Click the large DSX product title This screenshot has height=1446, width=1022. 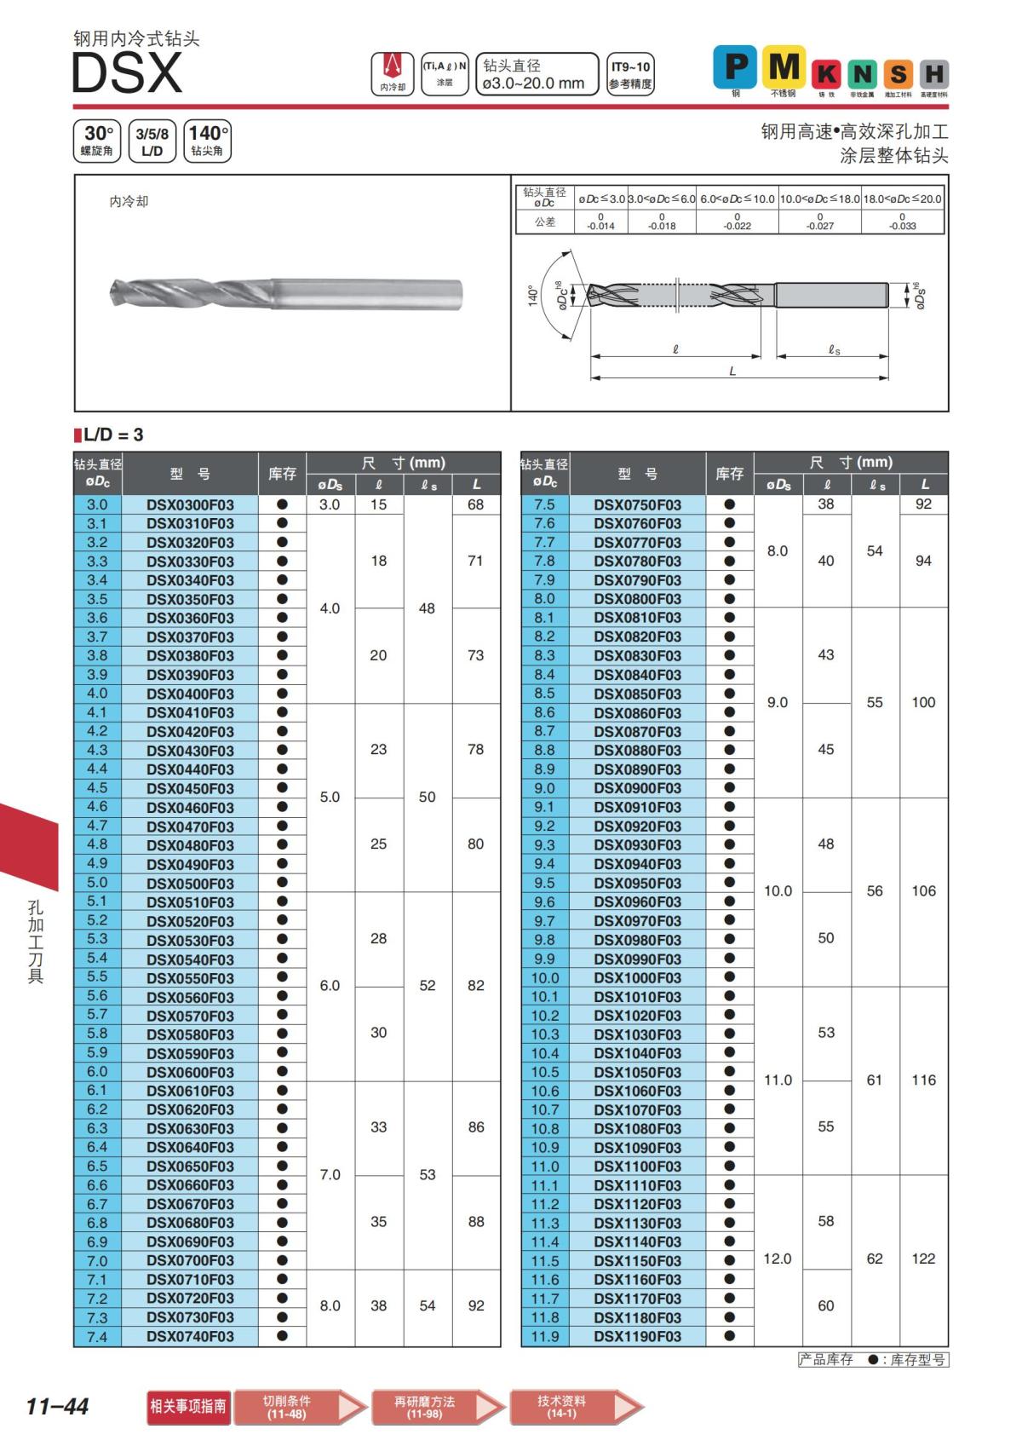click(127, 73)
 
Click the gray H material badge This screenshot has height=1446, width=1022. click(933, 74)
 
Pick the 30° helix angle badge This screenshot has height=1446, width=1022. click(97, 141)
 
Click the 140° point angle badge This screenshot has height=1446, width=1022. click(207, 141)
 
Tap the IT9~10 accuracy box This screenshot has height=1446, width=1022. click(630, 74)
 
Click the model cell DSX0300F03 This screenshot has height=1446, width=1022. click(190, 504)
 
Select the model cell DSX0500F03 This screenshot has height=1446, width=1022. click(190, 883)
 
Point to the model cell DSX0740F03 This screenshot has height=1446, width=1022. click(190, 1337)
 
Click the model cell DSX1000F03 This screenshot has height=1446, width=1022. click(637, 978)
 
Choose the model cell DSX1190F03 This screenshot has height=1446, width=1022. click(637, 1337)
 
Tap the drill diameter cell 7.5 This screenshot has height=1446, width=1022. click(544, 504)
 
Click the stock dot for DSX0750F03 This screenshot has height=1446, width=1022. click(729, 504)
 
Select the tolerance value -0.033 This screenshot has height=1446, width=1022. click(903, 226)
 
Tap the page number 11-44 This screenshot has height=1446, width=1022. click(57, 1406)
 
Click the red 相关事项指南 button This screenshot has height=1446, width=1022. click(188, 1406)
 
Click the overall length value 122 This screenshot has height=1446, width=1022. click(923, 1259)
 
